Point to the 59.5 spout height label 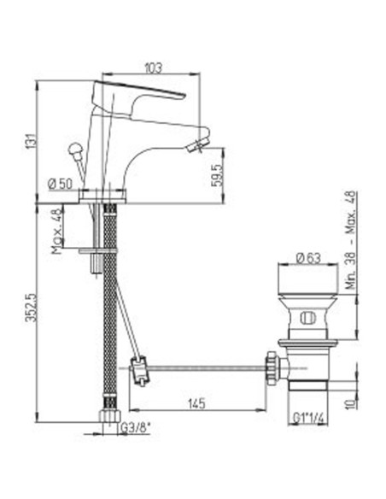tap(218, 175)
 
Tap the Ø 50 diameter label tap(59, 183)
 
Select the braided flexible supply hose tap(108, 308)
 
